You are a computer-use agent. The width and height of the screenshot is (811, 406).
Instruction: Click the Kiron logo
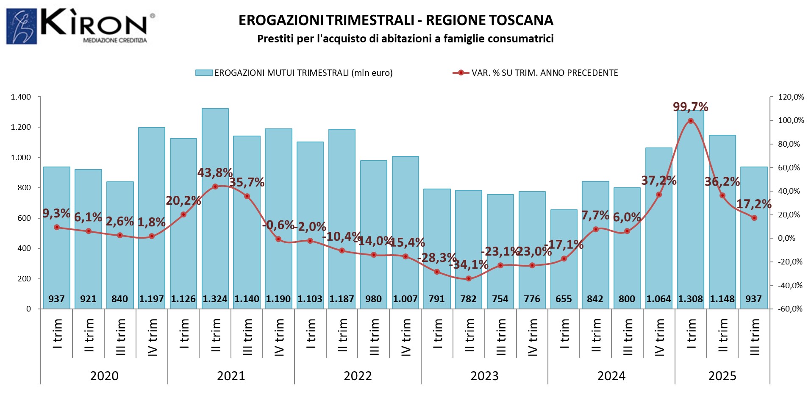pyautogui.click(x=81, y=26)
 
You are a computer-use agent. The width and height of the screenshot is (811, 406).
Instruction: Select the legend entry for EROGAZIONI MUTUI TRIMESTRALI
pyautogui.click(x=294, y=73)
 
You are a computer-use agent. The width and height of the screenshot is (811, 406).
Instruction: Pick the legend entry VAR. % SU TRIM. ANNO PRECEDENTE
pyautogui.click(x=536, y=73)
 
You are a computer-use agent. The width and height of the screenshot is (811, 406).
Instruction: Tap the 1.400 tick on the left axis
pyautogui.click(x=21, y=97)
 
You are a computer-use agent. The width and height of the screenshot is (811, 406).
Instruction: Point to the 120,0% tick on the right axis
pyautogui.click(x=791, y=97)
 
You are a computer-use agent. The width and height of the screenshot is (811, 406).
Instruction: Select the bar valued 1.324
pyautogui.click(x=215, y=203)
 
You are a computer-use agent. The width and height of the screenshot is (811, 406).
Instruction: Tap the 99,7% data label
pyautogui.click(x=690, y=106)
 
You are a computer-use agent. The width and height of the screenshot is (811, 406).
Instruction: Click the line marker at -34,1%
pyautogui.click(x=468, y=278)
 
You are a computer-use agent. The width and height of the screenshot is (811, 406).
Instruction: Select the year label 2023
pyautogui.click(x=484, y=376)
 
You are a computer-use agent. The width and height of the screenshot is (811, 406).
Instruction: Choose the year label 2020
pyautogui.click(x=104, y=376)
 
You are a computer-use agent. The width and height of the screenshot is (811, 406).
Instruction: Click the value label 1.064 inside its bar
pyautogui.click(x=658, y=299)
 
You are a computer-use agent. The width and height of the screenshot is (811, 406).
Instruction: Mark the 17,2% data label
pyautogui.click(x=753, y=204)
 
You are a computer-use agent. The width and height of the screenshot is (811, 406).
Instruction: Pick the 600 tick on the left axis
pyautogui.click(x=24, y=218)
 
